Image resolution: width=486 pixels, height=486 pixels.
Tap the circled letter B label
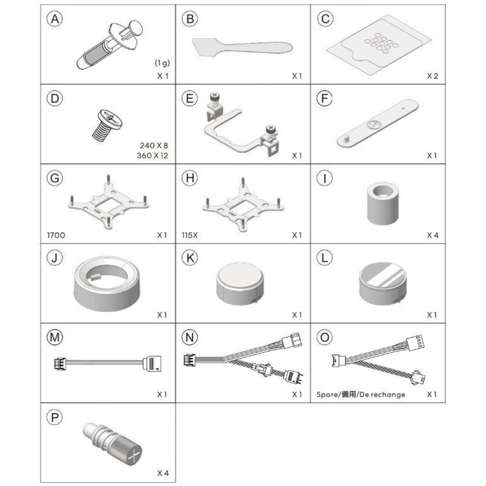click(x=190, y=19)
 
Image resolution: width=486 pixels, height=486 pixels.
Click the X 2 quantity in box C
click(x=432, y=76)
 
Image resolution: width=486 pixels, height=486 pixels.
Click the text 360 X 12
click(x=152, y=155)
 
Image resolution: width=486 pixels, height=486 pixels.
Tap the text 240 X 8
click(x=154, y=145)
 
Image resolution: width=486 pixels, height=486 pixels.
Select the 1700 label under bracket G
click(x=56, y=235)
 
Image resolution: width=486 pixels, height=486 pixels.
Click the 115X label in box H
click(x=190, y=235)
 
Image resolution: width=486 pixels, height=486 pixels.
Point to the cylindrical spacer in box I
click(x=383, y=204)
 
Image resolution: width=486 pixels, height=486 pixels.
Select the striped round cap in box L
click(x=383, y=284)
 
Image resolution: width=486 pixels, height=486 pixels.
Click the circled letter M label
click(x=55, y=337)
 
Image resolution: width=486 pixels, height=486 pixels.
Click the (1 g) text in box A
click(x=162, y=63)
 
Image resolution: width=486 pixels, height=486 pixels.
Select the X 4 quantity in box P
click(x=163, y=473)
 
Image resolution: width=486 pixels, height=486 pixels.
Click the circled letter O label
click(x=325, y=337)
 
